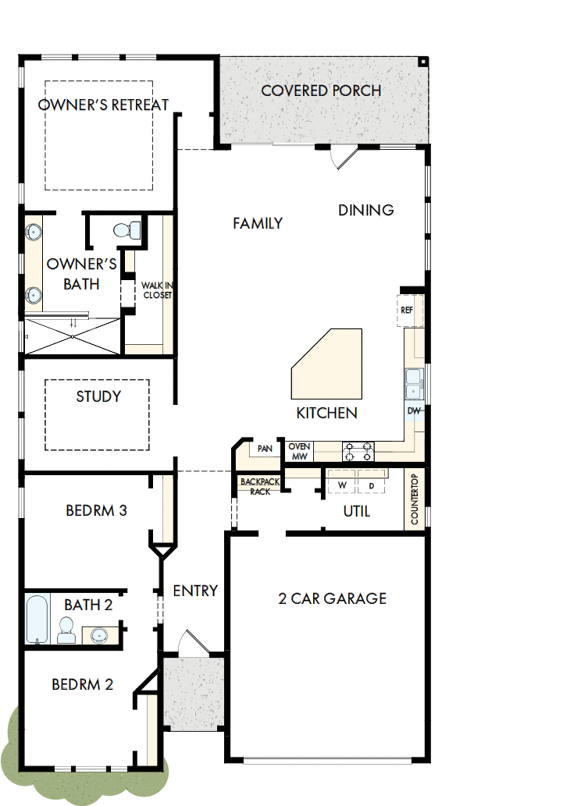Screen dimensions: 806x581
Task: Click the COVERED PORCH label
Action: (x=321, y=91)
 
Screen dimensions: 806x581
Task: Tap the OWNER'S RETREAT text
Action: (x=104, y=105)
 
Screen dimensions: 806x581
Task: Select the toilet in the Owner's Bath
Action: (x=127, y=230)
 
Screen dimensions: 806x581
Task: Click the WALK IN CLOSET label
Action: (x=156, y=290)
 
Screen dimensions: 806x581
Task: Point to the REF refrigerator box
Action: (x=407, y=310)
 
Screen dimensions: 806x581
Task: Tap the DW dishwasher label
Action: (x=414, y=410)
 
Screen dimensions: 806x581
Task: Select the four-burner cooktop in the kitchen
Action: (x=358, y=451)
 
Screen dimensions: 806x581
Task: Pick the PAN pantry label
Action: (x=265, y=449)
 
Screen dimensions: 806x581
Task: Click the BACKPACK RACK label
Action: (x=255, y=487)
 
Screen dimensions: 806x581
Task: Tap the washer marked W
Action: (x=341, y=485)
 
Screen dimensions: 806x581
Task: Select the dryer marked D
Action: (x=372, y=485)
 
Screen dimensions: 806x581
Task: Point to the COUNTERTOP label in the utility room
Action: (x=415, y=499)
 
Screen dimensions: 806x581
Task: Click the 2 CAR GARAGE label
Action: (x=333, y=598)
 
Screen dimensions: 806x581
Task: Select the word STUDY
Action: (x=98, y=396)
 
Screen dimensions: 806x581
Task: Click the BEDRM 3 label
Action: (x=96, y=511)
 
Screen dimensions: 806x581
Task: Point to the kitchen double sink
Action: (x=414, y=383)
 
